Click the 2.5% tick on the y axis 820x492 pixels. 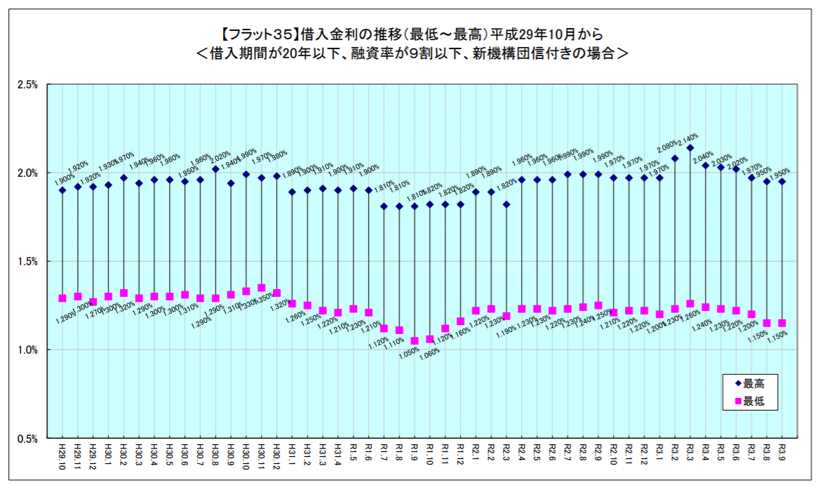[28, 85]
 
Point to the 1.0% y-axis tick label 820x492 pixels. [28, 350]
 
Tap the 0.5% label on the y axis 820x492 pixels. [28, 439]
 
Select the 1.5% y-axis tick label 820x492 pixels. [28, 262]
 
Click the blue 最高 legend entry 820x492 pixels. [748, 384]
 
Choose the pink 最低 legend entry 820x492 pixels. [748, 401]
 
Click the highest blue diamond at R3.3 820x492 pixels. [690, 148]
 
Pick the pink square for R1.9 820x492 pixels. [415, 341]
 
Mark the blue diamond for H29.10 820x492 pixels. [62, 190]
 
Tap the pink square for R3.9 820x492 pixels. [782, 324]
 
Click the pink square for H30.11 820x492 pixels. [262, 288]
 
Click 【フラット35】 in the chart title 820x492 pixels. [259, 34]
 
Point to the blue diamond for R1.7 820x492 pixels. [384, 206]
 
